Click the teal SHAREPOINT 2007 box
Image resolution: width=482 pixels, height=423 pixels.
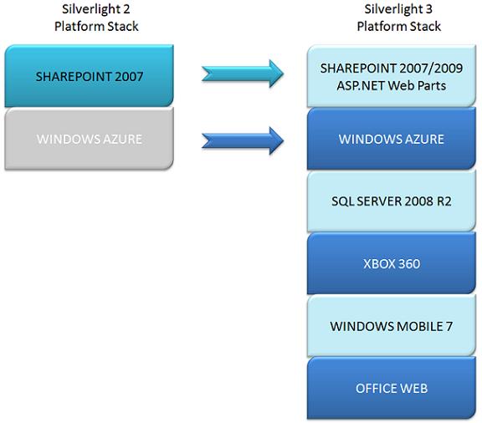[90, 76]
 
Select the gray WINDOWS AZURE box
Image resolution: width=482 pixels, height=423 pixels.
[90, 139]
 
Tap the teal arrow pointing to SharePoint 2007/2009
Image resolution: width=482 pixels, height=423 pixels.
[242, 74]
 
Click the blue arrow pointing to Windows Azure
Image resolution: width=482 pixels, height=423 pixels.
[242, 140]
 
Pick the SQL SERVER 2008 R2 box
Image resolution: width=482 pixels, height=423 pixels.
[392, 201]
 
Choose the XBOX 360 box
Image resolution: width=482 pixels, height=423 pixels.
[392, 263]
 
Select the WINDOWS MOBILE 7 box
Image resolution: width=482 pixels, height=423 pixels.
[392, 326]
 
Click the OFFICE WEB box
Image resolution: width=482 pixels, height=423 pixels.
[392, 388]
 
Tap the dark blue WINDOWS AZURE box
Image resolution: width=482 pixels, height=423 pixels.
[392, 139]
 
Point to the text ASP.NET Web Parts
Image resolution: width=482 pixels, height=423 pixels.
[392, 85]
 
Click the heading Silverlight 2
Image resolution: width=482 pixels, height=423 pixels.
[96, 9]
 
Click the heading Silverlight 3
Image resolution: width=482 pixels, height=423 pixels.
[398, 9]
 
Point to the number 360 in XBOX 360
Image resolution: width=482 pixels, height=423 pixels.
[408, 263]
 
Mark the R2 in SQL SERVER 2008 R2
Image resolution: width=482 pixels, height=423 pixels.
[444, 201]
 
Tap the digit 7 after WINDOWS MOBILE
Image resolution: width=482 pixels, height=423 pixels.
[449, 326]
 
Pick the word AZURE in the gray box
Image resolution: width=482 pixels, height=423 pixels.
[122, 139]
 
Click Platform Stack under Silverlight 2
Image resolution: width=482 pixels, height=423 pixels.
[96, 27]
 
